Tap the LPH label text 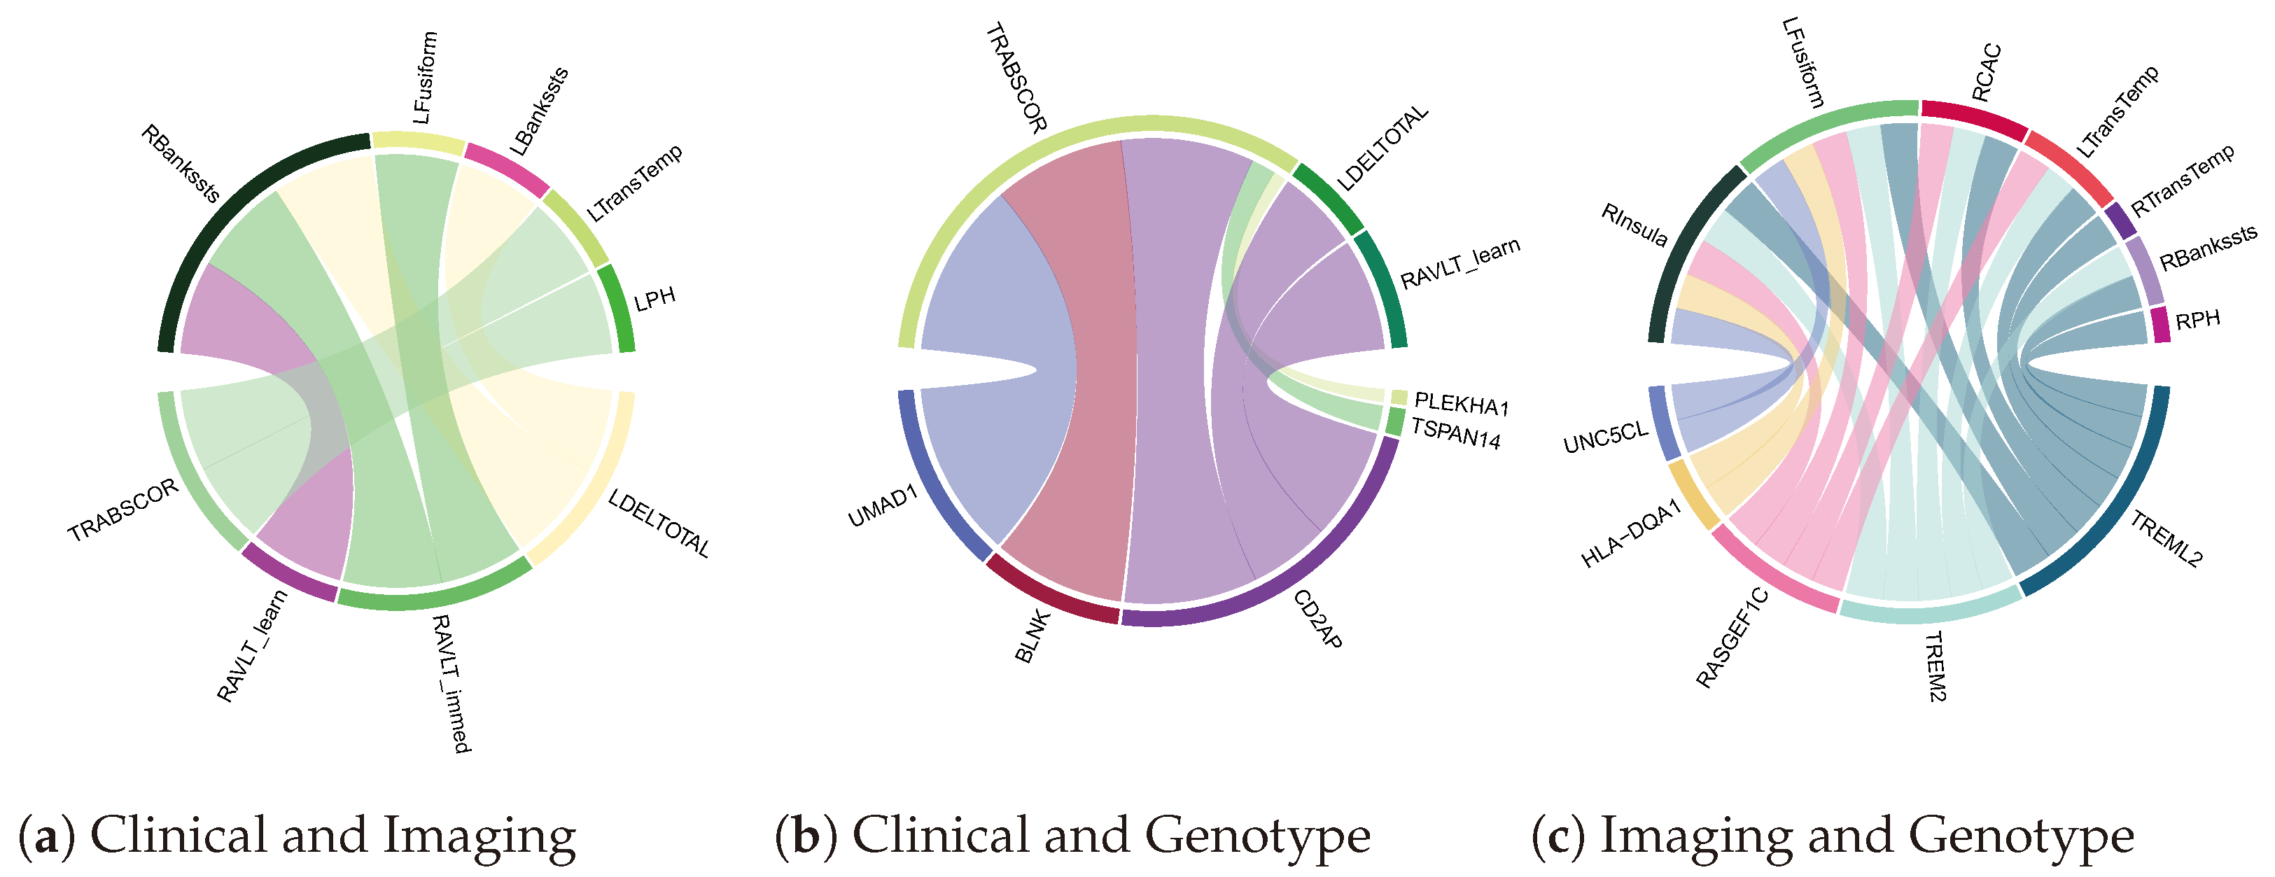[x=654, y=300]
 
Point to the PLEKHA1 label [x=1462, y=405]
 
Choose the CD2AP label [x=1317, y=619]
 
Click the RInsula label [x=1634, y=225]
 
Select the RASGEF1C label [x=1732, y=638]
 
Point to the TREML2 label [x=2166, y=538]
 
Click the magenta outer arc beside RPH [x=2159, y=324]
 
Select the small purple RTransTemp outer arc [x=2119, y=220]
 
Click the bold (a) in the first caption [x=47, y=836]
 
